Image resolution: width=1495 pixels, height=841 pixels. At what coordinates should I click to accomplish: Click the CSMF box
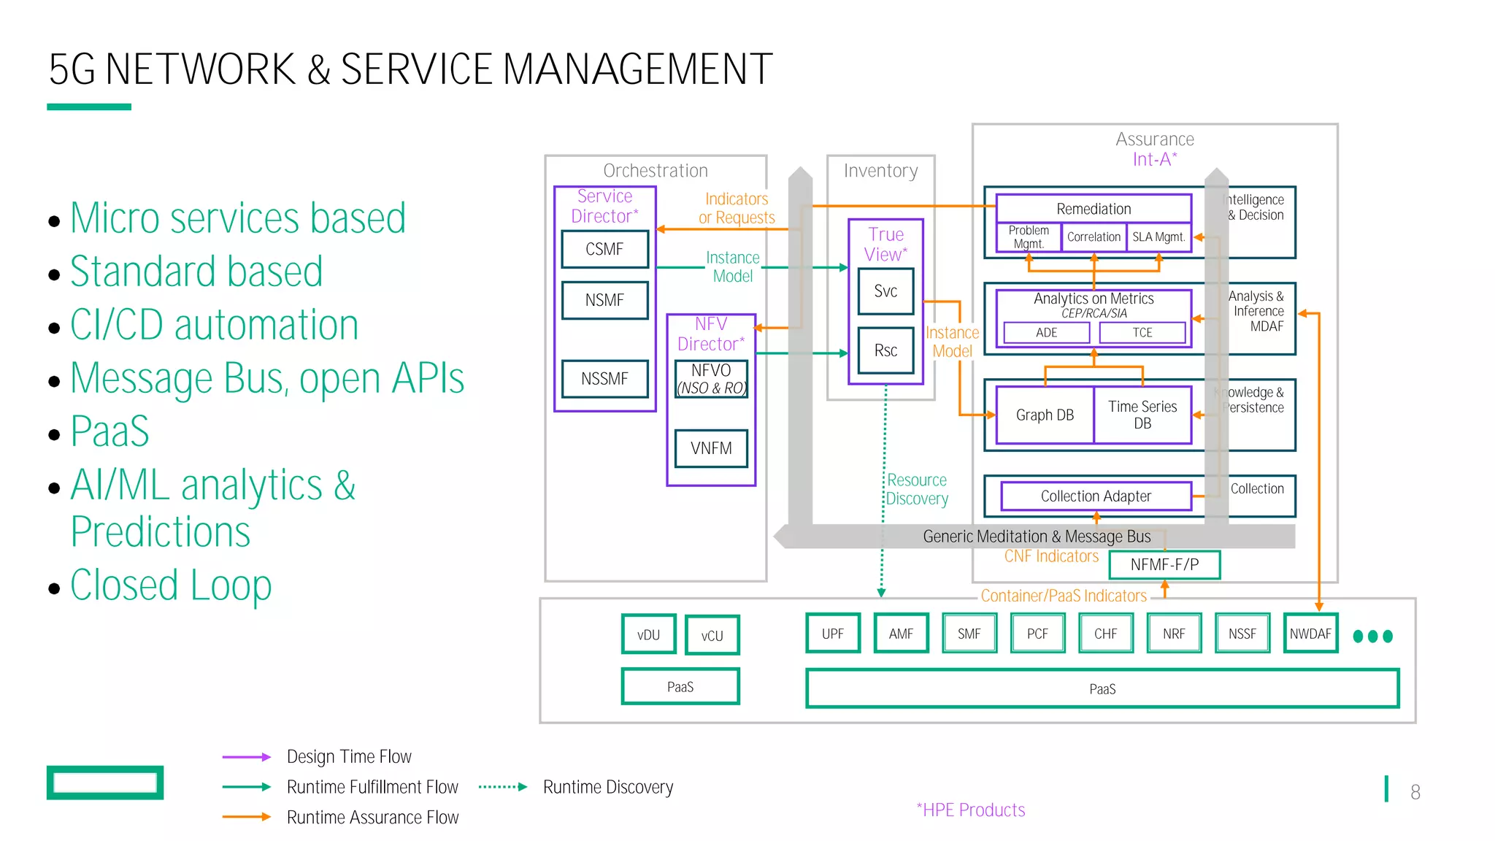tap(604, 249)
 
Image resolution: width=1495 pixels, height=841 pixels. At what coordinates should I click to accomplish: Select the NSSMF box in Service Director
tap(604, 378)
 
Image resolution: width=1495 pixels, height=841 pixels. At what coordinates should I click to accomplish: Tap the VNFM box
tap(711, 448)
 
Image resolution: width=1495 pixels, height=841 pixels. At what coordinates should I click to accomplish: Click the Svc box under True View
tap(885, 291)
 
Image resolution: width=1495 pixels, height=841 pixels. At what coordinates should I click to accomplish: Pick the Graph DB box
tap(1045, 415)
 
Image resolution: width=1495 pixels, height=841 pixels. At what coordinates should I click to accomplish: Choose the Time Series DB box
tap(1142, 415)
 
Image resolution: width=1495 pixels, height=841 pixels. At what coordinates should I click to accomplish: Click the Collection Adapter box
tap(1096, 496)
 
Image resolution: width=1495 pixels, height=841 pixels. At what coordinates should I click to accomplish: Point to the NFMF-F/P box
tap(1164, 564)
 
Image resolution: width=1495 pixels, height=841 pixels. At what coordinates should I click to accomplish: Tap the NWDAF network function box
tap(1310, 634)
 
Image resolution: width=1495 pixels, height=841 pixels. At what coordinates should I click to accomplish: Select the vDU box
tap(648, 634)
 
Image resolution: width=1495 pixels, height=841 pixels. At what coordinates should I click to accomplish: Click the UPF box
tap(832, 634)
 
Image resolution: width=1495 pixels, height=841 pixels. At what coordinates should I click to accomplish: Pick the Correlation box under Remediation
tap(1094, 237)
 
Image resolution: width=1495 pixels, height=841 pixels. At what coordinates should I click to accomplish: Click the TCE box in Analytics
tap(1142, 332)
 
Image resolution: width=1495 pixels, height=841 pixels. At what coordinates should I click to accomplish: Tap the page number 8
tap(1415, 792)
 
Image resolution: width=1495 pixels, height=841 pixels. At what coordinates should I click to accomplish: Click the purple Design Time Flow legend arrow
tap(247, 757)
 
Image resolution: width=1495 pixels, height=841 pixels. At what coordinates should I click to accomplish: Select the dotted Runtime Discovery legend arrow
tap(502, 787)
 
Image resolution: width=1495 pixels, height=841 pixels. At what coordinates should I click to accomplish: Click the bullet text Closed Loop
tap(171, 585)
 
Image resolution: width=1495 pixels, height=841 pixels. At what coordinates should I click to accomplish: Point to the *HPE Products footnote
tap(971, 810)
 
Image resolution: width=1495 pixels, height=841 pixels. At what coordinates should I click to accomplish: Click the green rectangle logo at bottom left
tap(105, 783)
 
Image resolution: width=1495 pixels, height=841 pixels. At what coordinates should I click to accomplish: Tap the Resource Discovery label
tap(917, 489)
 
